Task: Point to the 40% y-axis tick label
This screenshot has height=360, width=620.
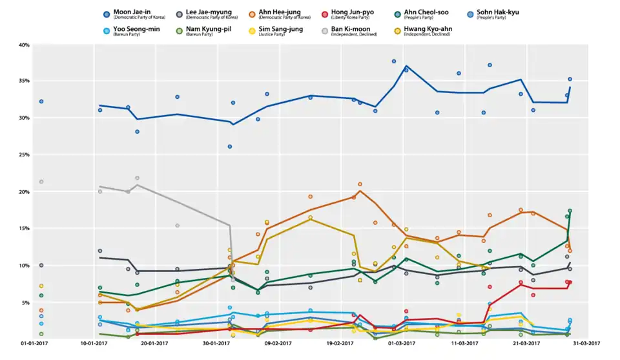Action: point(25,45)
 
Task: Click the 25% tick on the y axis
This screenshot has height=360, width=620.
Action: point(25,155)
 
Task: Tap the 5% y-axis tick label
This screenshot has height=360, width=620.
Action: point(26,302)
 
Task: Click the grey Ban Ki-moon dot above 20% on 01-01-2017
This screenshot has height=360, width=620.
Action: point(41,182)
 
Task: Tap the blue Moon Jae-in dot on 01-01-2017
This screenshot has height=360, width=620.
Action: point(41,101)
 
